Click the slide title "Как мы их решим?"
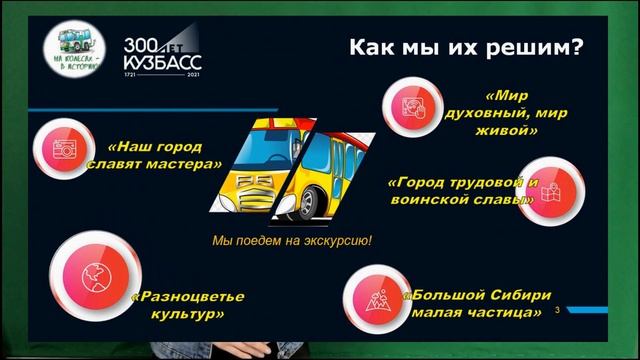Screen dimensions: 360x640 tap(466, 48)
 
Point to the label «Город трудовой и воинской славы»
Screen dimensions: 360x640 tap(462, 191)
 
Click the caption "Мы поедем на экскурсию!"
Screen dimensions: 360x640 tap(292, 242)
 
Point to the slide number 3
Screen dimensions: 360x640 tap(557, 312)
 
